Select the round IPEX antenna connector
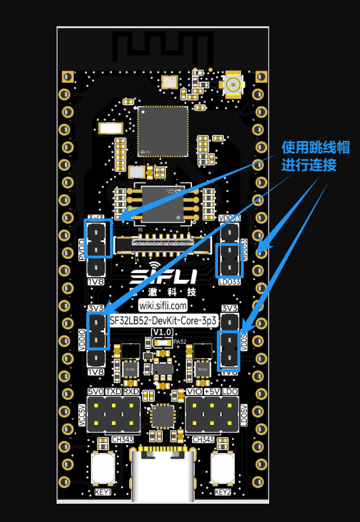233,84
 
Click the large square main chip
163,131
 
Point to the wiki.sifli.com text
163,306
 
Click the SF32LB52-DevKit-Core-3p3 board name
163,321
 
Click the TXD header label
113,392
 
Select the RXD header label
131,392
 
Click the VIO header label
194,392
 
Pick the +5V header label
212,392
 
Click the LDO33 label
229,282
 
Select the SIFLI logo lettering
163,276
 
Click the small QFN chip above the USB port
162,416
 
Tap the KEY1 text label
103,492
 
